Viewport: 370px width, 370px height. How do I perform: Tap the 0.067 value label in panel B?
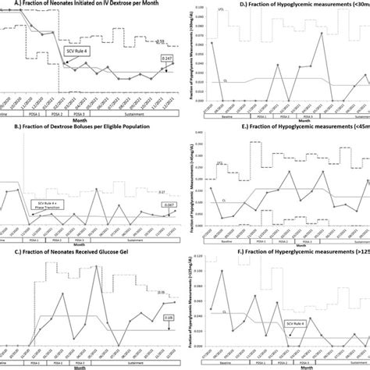tap(166, 205)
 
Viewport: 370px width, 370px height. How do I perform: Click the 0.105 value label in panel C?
tap(169, 318)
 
